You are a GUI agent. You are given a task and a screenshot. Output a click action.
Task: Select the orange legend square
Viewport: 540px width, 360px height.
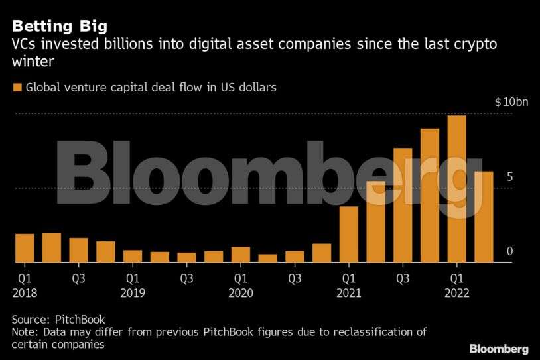click(x=16, y=87)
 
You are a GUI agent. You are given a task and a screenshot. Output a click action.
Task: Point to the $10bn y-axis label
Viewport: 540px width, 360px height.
click(x=511, y=102)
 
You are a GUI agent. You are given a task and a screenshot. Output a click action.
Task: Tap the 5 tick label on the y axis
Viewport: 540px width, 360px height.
click(x=508, y=177)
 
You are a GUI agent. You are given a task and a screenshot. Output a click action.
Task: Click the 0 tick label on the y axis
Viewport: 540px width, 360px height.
click(x=508, y=251)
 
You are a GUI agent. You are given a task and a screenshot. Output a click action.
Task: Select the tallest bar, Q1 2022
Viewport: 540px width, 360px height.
click(x=457, y=189)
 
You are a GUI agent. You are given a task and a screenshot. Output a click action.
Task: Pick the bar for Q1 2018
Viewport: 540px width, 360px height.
click(x=25, y=248)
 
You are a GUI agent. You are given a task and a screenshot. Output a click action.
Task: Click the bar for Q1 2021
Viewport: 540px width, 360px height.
click(x=349, y=234)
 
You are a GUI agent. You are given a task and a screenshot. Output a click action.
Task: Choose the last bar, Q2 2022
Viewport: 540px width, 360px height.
click(x=484, y=217)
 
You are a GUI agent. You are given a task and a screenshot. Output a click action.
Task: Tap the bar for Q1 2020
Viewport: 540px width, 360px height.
click(x=241, y=255)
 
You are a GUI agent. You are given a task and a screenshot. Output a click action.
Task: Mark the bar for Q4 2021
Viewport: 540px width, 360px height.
click(x=430, y=196)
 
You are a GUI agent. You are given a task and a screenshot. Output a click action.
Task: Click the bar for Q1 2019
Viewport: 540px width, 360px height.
click(x=133, y=256)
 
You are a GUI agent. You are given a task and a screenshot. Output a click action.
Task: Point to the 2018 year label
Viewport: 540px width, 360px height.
click(x=25, y=292)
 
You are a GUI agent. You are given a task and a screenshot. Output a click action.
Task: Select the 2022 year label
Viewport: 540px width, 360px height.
click(x=457, y=292)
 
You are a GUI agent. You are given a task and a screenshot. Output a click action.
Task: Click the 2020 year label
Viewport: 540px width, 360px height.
click(x=241, y=292)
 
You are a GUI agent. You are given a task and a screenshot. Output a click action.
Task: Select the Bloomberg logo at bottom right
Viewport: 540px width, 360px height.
click(x=499, y=348)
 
